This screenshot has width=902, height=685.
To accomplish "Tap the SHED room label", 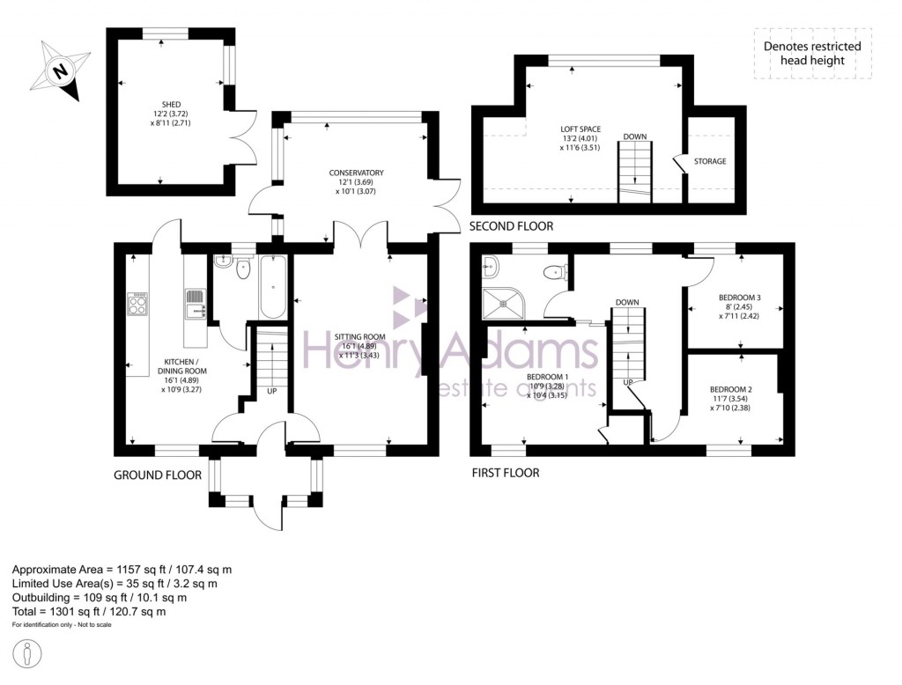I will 170,105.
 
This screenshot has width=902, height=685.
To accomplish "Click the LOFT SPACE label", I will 580,129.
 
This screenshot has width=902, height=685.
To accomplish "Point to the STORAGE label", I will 710,161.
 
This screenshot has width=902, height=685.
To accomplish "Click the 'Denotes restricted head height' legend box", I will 811,54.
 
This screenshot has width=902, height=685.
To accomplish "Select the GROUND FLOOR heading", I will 158,475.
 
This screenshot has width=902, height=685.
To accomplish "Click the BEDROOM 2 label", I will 730,389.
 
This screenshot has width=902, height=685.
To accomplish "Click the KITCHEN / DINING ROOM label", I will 182,365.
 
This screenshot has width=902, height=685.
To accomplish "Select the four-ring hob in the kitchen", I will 138,305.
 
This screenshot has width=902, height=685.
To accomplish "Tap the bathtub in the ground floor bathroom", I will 272,287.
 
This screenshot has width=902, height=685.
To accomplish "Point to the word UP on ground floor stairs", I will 271,390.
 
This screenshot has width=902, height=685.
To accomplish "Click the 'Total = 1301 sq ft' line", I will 88,611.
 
